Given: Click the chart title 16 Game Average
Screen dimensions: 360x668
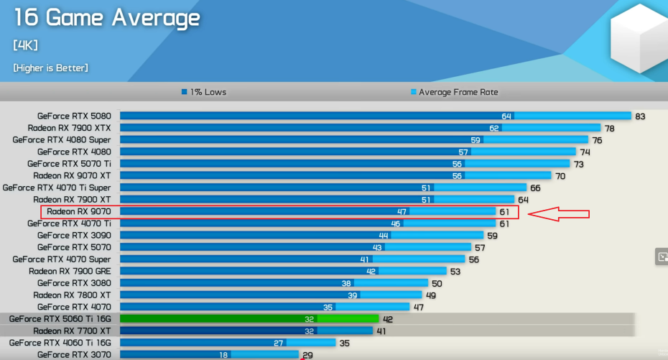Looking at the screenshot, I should [x=106, y=18].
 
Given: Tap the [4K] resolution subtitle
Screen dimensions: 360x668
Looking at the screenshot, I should [x=26, y=45].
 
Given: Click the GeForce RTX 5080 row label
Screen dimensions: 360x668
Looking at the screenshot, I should [x=74, y=116].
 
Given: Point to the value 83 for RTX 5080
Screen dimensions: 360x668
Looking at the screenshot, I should [x=641, y=116].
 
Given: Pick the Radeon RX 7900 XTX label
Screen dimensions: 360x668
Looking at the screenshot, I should [x=70, y=128].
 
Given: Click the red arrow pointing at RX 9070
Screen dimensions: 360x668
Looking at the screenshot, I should [x=559, y=213].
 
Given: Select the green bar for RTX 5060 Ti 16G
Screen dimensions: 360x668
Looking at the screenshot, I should [x=249, y=318].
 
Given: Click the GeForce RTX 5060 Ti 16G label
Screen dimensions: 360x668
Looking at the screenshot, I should [x=60, y=318].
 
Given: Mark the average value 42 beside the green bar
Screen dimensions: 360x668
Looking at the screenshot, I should [x=388, y=318].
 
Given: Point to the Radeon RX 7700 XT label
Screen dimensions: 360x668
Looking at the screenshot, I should [x=72, y=331].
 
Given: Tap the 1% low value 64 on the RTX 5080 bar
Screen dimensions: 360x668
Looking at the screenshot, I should [x=506, y=116].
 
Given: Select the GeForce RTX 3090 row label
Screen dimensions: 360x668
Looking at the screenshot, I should [x=74, y=235].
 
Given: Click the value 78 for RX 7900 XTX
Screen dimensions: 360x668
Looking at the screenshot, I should [x=609, y=128].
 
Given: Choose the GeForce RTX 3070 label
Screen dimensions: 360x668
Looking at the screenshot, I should [x=74, y=354].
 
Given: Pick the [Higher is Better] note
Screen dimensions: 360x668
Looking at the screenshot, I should [x=50, y=68].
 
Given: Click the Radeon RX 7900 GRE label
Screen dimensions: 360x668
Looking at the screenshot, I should [x=70, y=271].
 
